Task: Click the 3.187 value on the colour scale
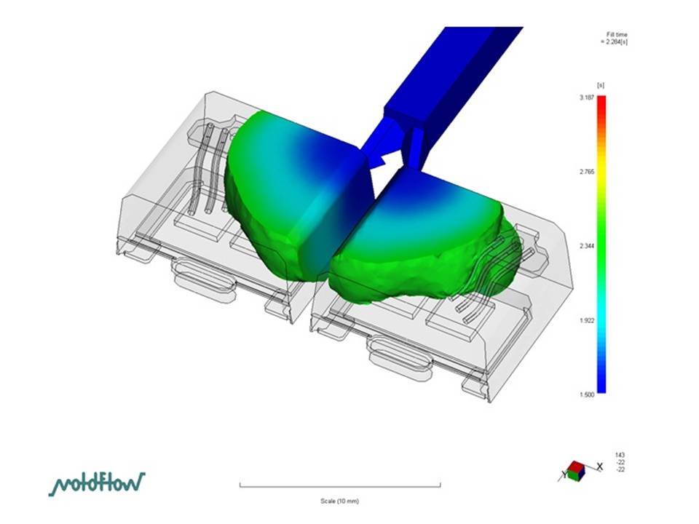click(587, 98)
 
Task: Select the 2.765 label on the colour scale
click(587, 172)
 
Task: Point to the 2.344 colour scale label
click(587, 246)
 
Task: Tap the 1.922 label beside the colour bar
click(587, 320)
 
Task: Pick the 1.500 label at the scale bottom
click(587, 394)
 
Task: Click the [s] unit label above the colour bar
click(601, 85)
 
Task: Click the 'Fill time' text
click(617, 34)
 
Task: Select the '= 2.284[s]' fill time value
click(614, 42)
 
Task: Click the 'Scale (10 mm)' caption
click(340, 501)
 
